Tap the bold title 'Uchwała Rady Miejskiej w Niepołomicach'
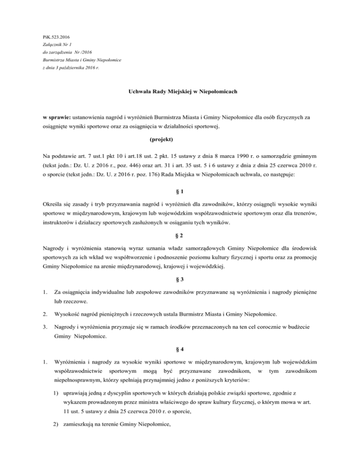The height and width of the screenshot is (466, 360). (180, 92)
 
